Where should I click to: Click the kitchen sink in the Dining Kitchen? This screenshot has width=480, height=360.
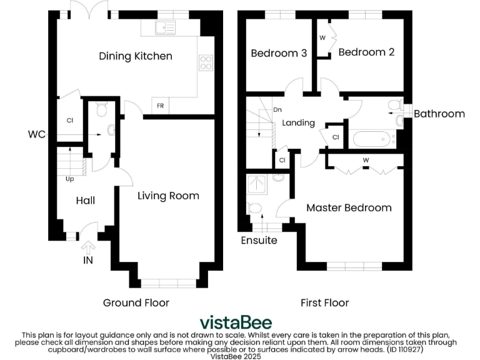click(165, 27)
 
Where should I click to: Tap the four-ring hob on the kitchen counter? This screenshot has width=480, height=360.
click(206, 62)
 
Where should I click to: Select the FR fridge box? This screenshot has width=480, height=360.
click(160, 106)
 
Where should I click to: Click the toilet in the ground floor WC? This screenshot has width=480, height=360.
click(102, 109)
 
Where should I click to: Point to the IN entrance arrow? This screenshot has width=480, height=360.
click(88, 247)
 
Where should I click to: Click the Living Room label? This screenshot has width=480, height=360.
click(168, 196)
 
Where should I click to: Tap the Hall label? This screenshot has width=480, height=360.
click(86, 201)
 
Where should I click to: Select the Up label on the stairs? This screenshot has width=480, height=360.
click(70, 179)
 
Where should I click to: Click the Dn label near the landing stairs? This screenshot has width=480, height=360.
click(277, 109)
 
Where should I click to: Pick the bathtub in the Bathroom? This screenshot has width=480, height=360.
click(371, 139)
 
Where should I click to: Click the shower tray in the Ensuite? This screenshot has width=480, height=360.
click(257, 184)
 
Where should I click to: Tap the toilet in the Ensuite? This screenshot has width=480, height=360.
click(255, 209)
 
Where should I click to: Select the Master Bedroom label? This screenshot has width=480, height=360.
click(349, 208)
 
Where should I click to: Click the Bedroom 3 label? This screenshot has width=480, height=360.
click(279, 53)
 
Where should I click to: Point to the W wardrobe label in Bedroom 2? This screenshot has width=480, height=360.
click(322, 38)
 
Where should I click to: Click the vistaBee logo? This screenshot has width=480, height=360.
click(236, 322)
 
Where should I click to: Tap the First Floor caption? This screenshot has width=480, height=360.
click(325, 303)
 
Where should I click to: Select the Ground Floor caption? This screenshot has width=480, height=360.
click(136, 303)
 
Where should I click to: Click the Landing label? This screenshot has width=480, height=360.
click(299, 123)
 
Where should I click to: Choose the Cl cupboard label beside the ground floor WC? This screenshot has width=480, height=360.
click(70, 121)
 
